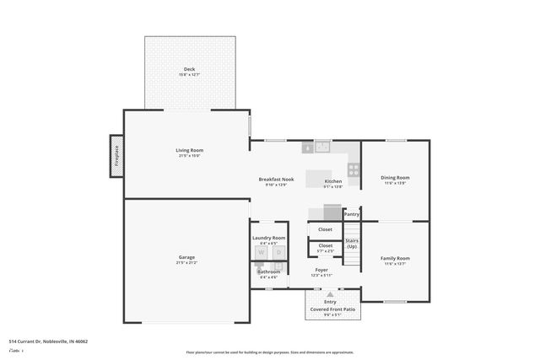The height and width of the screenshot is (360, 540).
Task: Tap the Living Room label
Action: tap(190, 150)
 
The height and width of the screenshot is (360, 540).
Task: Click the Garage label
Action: tap(186, 257)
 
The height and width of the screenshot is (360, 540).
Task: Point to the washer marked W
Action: tap(261, 253)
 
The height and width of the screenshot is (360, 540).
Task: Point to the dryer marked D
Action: tap(278, 253)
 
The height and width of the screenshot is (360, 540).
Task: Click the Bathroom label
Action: tap(269, 271)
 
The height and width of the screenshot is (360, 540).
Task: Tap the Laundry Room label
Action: tap(269, 238)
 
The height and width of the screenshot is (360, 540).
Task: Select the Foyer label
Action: tap(321, 270)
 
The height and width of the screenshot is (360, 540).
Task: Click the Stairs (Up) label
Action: tap(352, 244)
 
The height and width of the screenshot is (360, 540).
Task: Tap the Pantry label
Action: tap(352, 214)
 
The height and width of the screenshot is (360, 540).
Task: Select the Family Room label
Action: tap(395, 258)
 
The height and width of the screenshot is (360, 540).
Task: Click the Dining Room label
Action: tap(395, 177)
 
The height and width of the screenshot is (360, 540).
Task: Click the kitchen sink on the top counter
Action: tap(321, 148)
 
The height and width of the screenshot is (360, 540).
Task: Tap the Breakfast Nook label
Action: tap(276, 180)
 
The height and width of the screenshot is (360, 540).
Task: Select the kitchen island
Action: tap(318, 178)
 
